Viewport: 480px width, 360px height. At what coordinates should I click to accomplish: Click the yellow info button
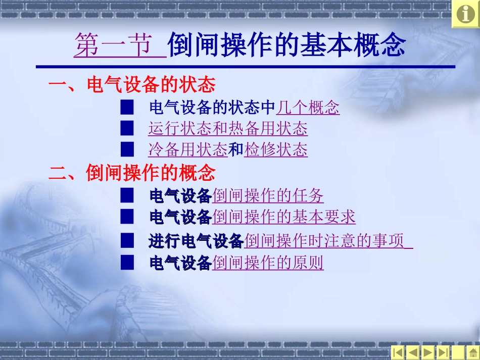[465, 14]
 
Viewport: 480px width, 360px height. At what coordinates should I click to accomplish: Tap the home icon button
[473, 352]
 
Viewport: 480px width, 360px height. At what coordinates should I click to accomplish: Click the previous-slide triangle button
[413, 352]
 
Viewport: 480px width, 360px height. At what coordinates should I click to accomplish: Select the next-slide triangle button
[428, 352]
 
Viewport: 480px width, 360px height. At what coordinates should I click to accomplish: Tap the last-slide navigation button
[443, 352]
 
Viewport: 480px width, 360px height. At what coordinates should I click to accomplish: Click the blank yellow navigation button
[458, 352]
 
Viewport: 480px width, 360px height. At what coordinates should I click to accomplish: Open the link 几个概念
[308, 107]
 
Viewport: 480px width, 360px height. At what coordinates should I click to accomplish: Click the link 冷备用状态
[187, 149]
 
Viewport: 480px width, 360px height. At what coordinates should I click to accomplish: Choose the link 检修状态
[276, 149]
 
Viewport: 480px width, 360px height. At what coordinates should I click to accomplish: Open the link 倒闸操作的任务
[268, 195]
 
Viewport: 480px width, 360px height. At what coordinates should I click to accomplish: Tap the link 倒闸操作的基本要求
[284, 217]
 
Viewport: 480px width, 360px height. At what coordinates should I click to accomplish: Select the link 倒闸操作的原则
[268, 263]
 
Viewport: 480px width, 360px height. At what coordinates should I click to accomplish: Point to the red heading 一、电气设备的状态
[131, 84]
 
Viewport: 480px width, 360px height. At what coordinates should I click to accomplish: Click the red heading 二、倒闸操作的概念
[131, 173]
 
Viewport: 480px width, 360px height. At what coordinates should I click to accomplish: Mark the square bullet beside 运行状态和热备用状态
[127, 128]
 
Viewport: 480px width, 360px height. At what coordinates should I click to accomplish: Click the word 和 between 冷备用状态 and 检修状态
[236, 149]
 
